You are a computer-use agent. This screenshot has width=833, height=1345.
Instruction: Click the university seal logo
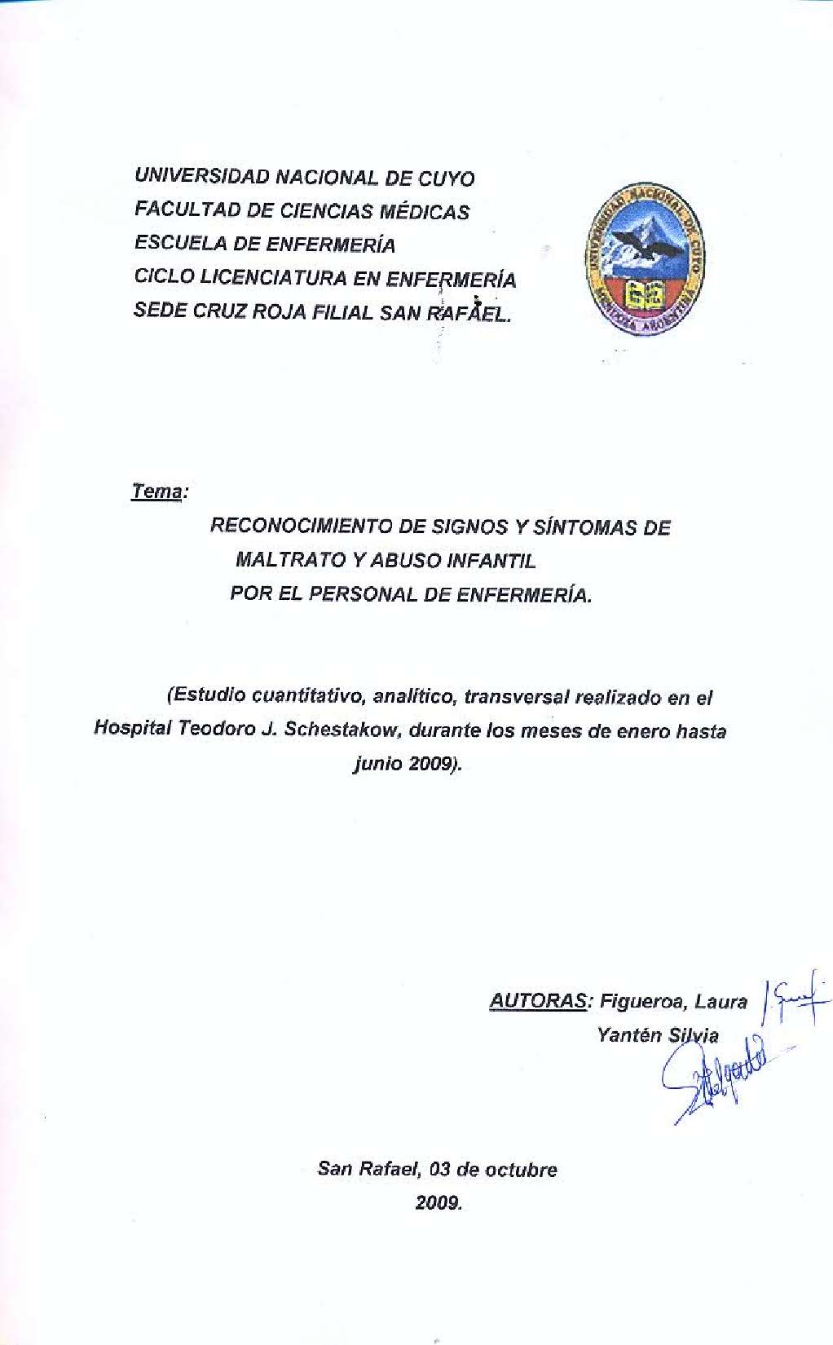(x=644, y=260)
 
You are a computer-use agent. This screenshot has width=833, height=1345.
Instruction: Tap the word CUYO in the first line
(x=446, y=179)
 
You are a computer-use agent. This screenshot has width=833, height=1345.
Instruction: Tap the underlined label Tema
(x=156, y=492)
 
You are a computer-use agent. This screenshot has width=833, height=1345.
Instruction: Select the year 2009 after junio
(x=432, y=764)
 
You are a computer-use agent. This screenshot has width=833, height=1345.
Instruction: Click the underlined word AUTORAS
(x=537, y=1001)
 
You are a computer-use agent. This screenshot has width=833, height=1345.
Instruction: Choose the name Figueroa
(x=640, y=1002)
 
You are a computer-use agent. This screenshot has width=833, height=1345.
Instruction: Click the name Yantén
(x=628, y=1035)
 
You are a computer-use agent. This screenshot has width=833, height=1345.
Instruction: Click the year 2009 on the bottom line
(x=438, y=1203)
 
